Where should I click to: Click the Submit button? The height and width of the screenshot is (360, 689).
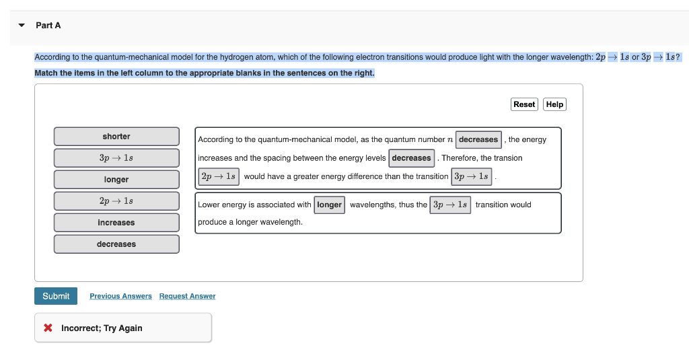56,296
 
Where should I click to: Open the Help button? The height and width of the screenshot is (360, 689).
554,104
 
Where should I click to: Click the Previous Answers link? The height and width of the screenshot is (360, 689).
120,296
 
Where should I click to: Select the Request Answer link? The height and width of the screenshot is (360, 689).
187,296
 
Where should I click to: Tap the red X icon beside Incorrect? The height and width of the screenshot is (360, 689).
48,328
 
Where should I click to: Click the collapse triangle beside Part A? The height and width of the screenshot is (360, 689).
22,26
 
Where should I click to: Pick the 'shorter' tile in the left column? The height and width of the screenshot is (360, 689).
116,137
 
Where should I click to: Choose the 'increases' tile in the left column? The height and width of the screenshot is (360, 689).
116,223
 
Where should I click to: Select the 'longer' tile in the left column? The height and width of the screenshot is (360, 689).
116,180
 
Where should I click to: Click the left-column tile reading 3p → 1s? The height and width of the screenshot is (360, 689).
116,158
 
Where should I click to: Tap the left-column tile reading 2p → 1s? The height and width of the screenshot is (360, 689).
116,201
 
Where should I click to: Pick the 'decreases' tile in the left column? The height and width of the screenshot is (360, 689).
116,244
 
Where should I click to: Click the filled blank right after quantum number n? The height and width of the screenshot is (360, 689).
478,140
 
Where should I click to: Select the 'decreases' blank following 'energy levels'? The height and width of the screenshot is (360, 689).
411,158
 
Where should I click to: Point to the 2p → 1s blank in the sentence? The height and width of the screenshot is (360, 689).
218,176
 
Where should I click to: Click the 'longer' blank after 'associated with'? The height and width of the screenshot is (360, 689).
329,205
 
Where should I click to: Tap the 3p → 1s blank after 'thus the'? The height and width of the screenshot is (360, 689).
450,205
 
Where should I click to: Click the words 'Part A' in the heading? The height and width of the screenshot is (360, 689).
48,26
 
